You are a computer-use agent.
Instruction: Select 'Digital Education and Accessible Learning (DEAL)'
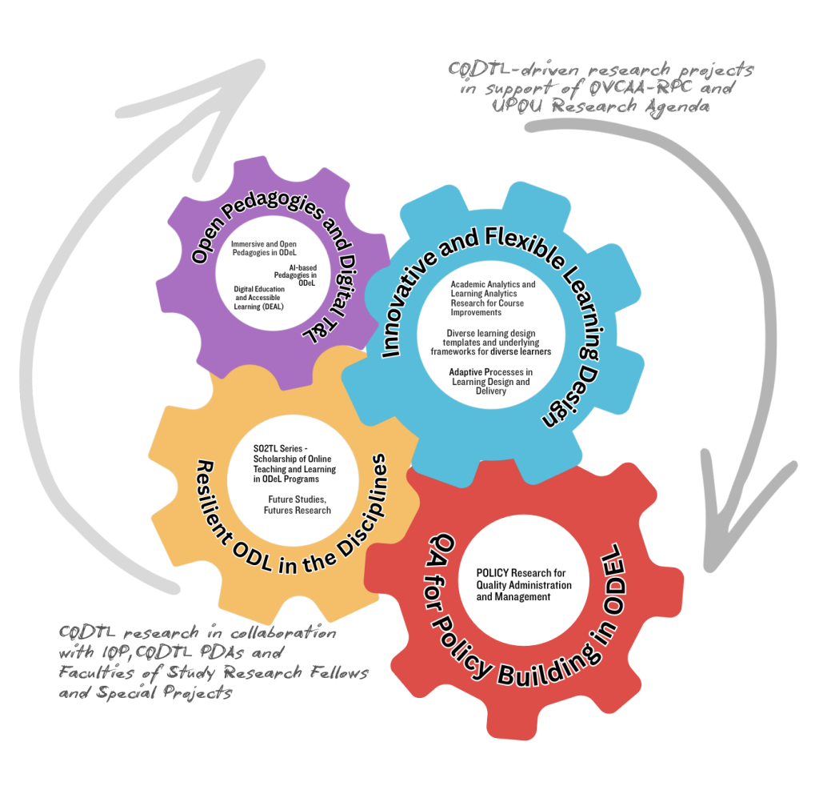tap(259, 297)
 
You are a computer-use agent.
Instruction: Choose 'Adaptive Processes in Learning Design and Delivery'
tap(490, 381)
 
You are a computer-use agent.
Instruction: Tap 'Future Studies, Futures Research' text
tap(299, 504)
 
